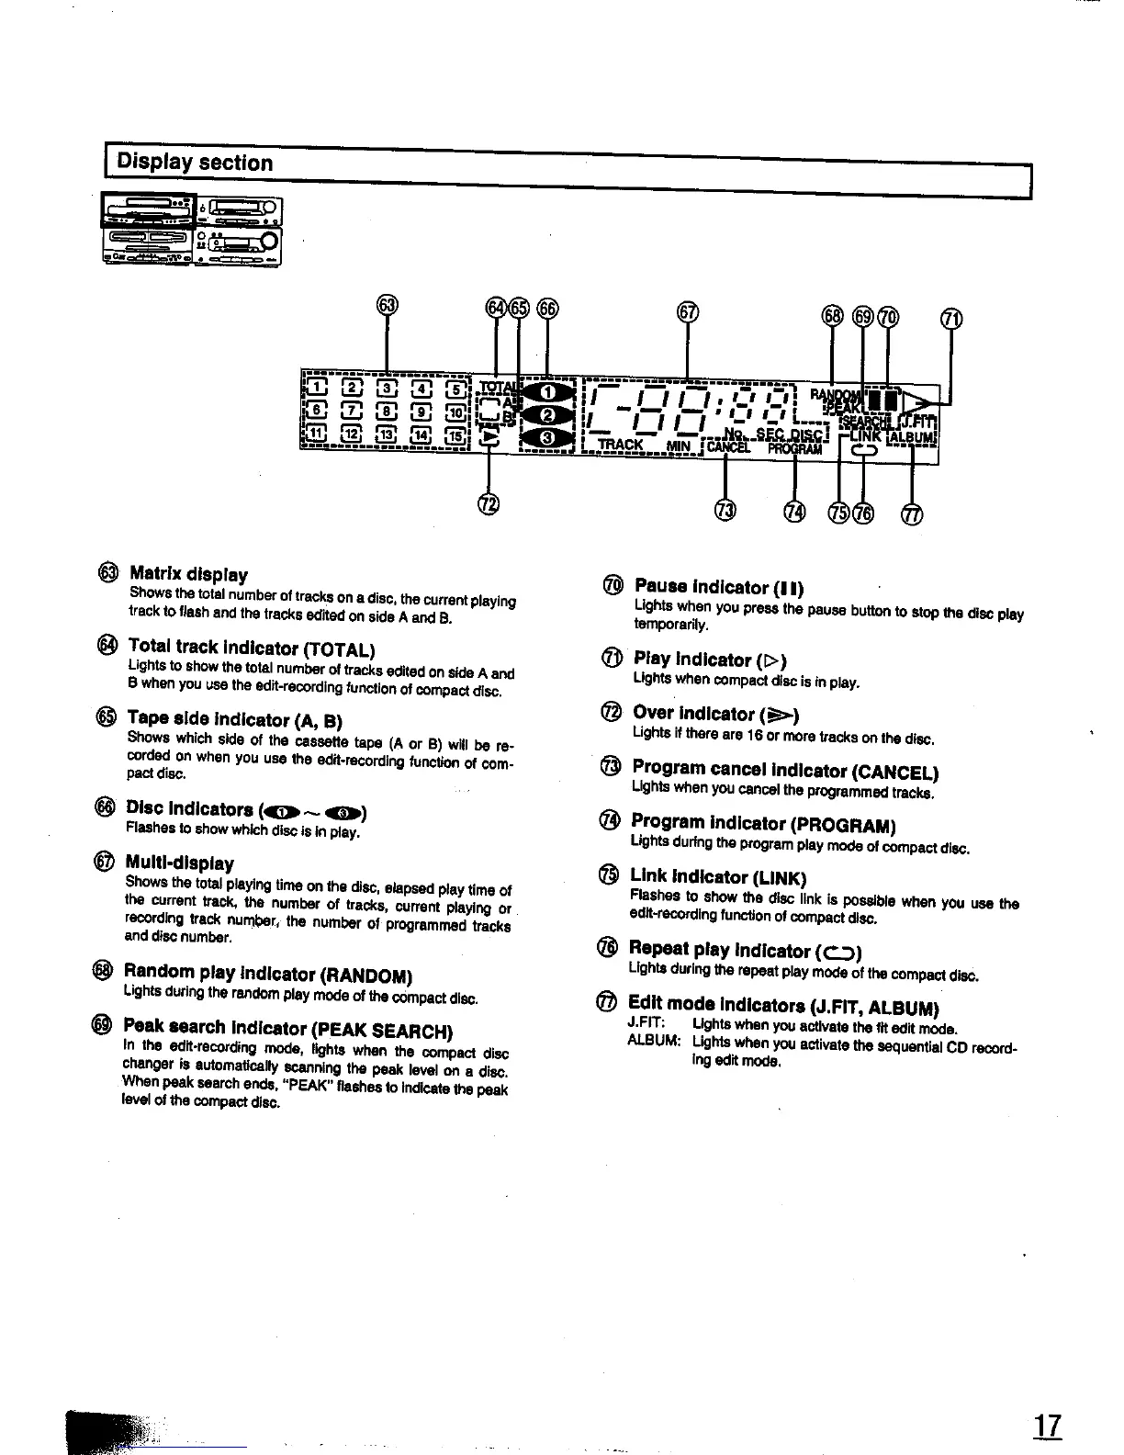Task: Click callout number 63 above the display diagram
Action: click(388, 305)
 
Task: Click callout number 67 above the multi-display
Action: click(687, 312)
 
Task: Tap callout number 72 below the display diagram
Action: click(489, 503)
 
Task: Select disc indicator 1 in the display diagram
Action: click(546, 394)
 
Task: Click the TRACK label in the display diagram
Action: click(621, 446)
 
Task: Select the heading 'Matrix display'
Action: click(188, 575)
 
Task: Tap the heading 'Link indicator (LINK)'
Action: click(717, 877)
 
